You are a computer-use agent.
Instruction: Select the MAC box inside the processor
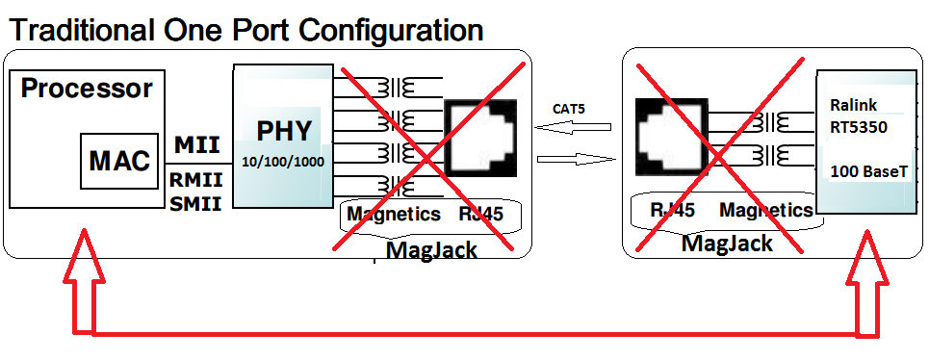click(119, 161)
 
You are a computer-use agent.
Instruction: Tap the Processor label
click(87, 89)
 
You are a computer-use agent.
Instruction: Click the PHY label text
click(284, 132)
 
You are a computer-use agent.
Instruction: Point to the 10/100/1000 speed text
click(283, 161)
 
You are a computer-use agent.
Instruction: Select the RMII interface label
click(196, 179)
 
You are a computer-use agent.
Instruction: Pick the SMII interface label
click(196, 204)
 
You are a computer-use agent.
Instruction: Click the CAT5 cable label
click(569, 109)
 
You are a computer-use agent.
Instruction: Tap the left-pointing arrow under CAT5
click(572, 127)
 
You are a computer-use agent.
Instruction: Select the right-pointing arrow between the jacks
click(576, 159)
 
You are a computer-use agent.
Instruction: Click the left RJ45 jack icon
click(480, 139)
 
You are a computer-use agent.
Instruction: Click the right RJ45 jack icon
click(671, 137)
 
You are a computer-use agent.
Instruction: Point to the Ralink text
click(853, 105)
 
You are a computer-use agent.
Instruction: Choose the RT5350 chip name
click(859, 127)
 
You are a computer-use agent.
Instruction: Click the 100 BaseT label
click(868, 171)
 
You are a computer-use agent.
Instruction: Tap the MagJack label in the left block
click(431, 250)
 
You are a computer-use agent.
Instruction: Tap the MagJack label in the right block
click(727, 243)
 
